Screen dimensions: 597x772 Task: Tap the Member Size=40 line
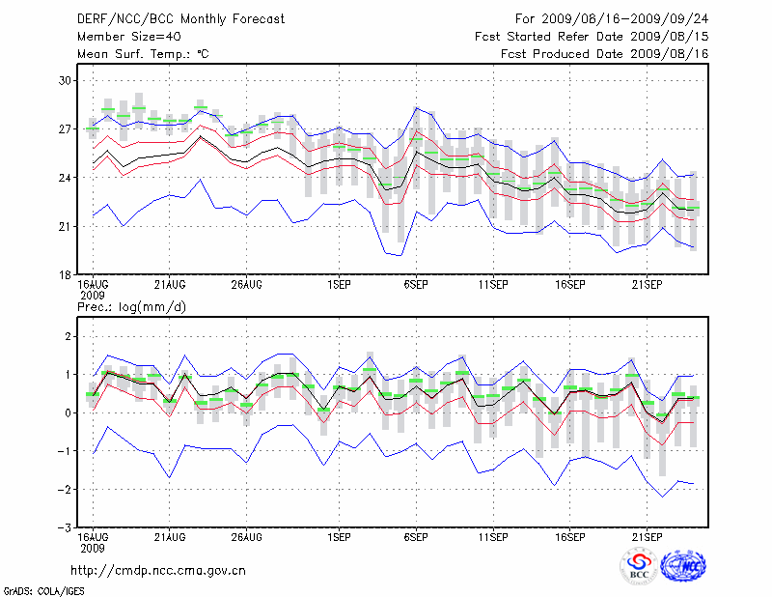coord(123,36)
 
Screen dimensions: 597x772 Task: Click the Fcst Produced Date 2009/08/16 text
coord(605,54)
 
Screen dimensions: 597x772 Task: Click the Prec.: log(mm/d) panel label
coord(132,306)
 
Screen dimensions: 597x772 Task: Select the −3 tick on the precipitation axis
coord(65,528)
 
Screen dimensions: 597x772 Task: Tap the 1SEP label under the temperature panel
coord(338,285)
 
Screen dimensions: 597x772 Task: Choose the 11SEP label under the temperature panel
coord(492,285)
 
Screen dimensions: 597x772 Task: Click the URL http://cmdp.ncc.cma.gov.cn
coord(158,570)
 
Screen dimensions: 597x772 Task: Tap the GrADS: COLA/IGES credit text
coord(43,589)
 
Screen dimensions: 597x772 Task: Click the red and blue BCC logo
coord(638,566)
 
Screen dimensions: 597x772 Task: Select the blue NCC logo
coord(683,565)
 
